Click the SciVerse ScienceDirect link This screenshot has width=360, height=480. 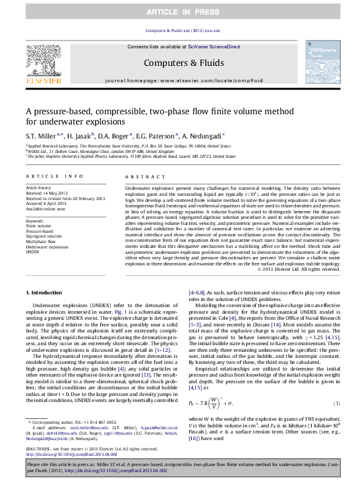214,47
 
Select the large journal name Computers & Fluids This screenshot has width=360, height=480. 184,62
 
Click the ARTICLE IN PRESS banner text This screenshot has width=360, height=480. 180,11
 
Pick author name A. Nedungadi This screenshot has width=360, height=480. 203,135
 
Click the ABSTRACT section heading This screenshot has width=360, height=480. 141,176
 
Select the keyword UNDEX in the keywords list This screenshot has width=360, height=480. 33,253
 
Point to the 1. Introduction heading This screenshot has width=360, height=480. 46,293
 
